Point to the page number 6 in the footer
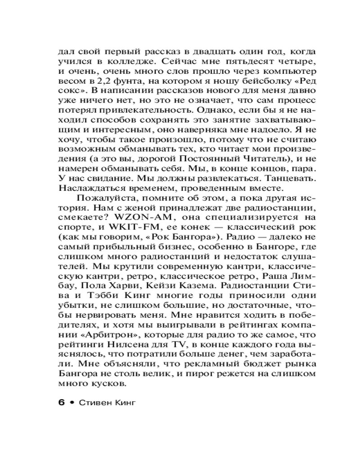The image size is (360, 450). click(62, 402)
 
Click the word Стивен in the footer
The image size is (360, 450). click(94, 402)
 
